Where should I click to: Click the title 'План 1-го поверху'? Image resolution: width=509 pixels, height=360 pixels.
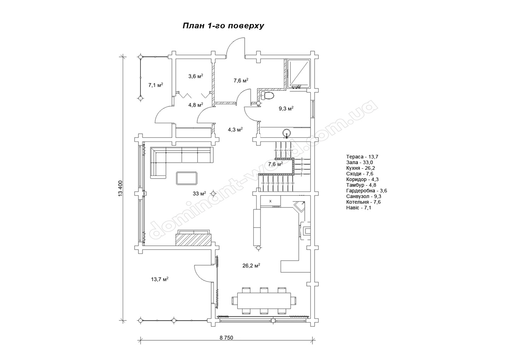click(x=223, y=26)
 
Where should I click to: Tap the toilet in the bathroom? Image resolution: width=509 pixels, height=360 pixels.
click(x=268, y=96)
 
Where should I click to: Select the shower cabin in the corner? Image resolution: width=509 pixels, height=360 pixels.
click(x=299, y=74)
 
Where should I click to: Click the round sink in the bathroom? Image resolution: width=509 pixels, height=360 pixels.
click(x=287, y=133)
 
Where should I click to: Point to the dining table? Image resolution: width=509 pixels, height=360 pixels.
click(x=264, y=301)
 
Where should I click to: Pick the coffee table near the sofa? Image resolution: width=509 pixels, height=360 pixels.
click(x=187, y=178)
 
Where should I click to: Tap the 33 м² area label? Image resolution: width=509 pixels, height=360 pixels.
click(x=199, y=194)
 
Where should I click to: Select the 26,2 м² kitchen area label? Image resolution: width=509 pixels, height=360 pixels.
click(x=251, y=266)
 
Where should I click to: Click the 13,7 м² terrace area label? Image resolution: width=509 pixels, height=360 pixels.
click(x=159, y=279)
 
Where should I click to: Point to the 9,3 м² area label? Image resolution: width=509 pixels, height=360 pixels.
click(x=286, y=109)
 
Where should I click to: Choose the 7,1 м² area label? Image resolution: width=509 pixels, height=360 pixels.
click(x=156, y=85)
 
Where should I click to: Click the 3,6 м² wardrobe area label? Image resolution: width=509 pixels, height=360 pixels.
click(x=195, y=76)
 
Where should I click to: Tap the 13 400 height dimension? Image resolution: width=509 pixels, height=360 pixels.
click(x=120, y=188)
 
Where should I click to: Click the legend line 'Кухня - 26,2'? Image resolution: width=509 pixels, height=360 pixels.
click(x=361, y=168)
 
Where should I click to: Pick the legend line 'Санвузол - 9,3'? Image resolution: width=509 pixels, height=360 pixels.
click(x=364, y=196)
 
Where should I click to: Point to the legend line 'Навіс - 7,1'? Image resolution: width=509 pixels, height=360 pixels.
click(x=358, y=208)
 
